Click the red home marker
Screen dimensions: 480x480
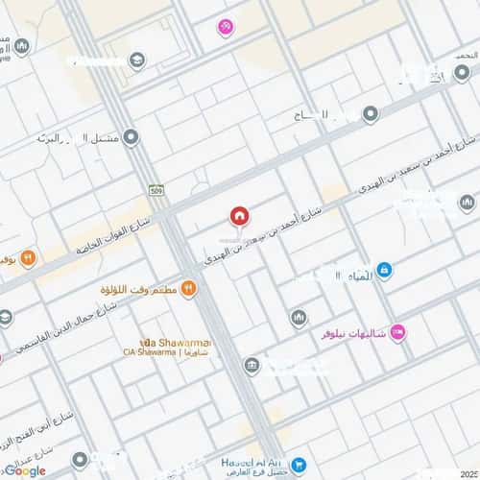click(237, 217)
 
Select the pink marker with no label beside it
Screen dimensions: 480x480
click(225, 28)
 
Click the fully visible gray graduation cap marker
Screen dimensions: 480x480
click(137, 60)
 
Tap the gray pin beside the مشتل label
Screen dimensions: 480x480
click(131, 138)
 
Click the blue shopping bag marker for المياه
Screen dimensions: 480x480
click(384, 272)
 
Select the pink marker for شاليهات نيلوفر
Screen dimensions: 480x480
click(399, 332)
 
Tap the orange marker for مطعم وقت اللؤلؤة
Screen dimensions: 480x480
click(189, 287)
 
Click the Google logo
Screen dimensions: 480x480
click(24, 470)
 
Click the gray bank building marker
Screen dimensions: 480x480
click(252, 365)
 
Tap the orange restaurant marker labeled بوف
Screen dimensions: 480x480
click(29, 256)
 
